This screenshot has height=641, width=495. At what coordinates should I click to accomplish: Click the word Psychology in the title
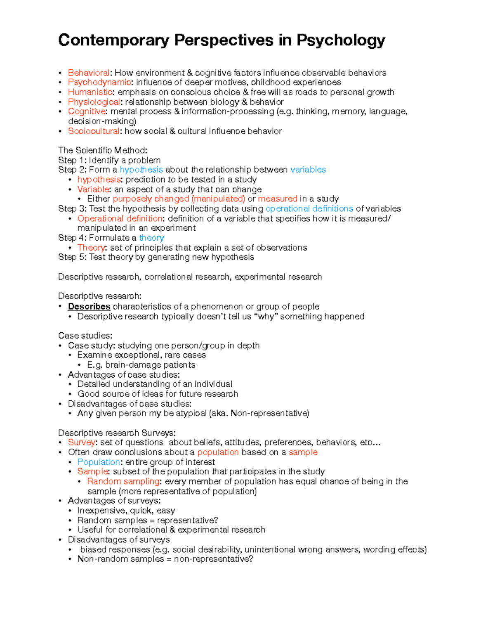click(341, 40)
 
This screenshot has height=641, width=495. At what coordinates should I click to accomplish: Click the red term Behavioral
click(89, 73)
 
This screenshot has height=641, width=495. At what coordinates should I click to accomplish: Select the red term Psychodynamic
click(99, 83)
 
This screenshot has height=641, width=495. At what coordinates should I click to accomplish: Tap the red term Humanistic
click(90, 92)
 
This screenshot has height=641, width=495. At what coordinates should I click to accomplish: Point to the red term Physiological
click(94, 102)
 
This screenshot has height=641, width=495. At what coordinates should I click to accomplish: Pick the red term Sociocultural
click(94, 131)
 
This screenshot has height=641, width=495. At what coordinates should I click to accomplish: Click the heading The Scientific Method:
click(102, 150)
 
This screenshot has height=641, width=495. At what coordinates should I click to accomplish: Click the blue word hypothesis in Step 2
click(141, 170)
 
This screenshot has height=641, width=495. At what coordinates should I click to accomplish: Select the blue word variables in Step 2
click(308, 170)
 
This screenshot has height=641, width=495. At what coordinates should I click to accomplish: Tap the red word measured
click(278, 199)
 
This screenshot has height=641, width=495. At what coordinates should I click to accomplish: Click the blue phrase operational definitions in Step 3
click(309, 209)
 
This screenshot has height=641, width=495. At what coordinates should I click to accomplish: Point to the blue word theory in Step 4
click(151, 238)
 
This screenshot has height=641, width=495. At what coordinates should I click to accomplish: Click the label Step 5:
click(72, 257)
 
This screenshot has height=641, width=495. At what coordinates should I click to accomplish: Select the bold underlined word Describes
click(89, 307)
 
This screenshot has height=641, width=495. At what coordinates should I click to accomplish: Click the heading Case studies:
click(85, 336)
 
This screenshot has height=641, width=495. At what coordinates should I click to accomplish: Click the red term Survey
click(81, 442)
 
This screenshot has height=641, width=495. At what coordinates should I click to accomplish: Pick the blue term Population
click(99, 462)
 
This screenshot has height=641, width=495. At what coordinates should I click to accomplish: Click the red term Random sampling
click(123, 482)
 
